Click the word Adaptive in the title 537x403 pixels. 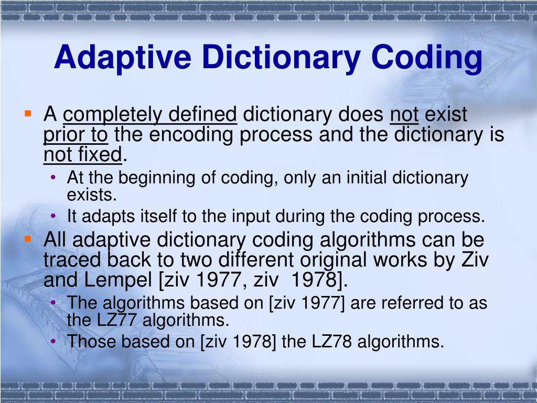click(x=122, y=58)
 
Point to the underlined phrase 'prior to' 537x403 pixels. click(x=75, y=135)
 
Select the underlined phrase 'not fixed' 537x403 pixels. click(x=82, y=155)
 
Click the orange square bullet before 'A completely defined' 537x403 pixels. click(x=28, y=113)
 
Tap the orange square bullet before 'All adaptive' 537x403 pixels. click(x=28, y=239)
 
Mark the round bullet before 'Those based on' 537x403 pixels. click(x=55, y=342)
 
